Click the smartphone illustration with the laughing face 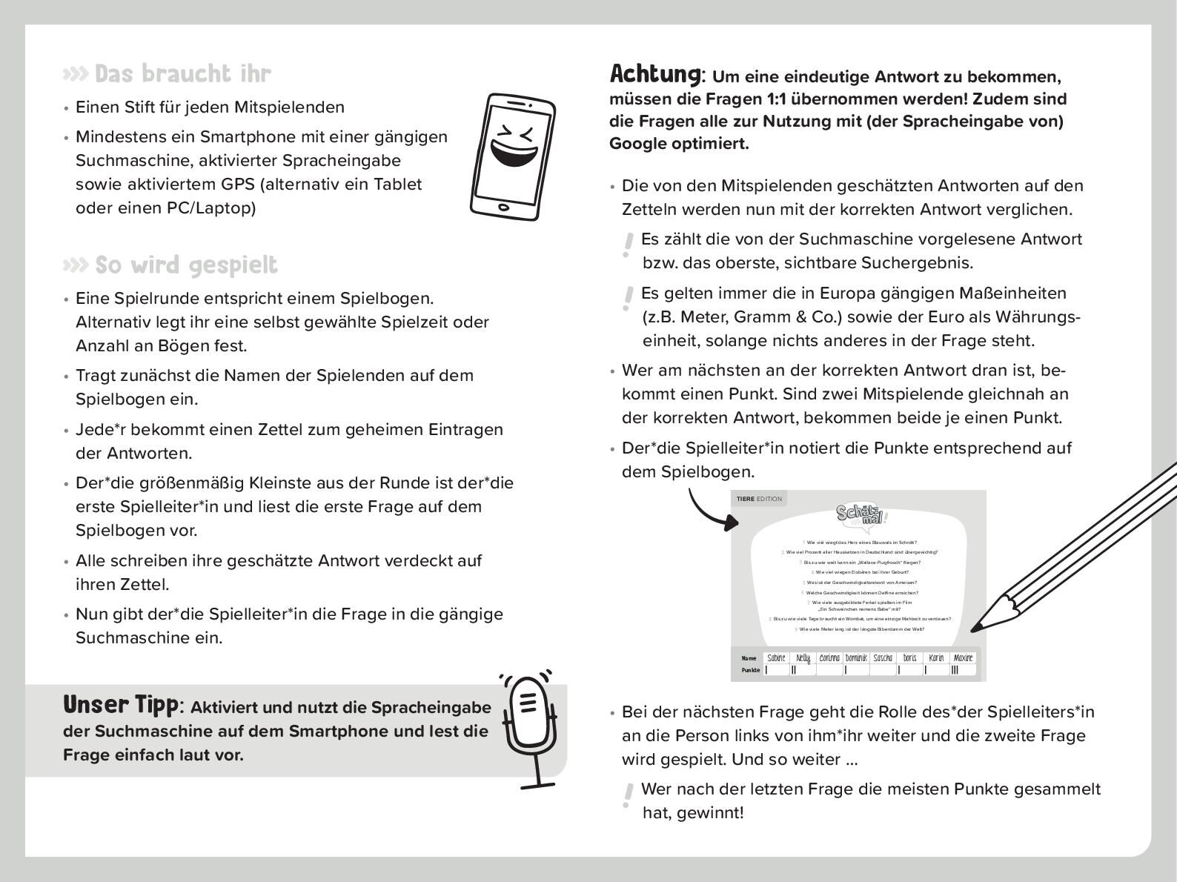point(511,157)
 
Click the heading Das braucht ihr point(182,74)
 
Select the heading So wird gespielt point(185,265)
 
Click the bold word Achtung point(654,74)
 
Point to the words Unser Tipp point(120,705)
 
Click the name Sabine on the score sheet point(776,658)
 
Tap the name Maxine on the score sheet point(963,658)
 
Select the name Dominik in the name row point(856,658)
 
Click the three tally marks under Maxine point(955,670)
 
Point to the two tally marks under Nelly point(794,670)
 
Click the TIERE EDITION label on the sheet point(759,499)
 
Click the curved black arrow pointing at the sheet point(712,511)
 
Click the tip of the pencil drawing point(973,629)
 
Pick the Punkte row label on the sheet point(750,670)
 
